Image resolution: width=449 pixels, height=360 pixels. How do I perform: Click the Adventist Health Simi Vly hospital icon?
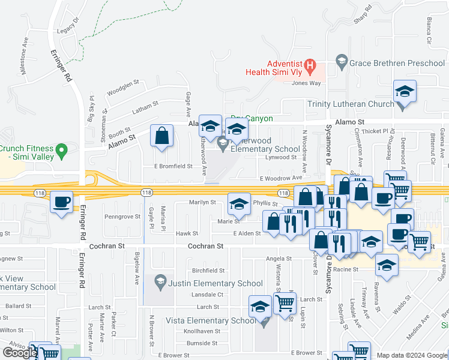click(310, 64)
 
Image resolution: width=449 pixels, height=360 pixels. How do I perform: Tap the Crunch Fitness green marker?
click(61, 149)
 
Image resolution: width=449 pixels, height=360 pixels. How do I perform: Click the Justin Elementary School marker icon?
click(160, 280)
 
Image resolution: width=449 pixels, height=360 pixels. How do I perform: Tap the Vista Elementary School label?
click(210, 320)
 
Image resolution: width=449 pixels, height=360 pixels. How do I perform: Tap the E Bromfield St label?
click(173, 166)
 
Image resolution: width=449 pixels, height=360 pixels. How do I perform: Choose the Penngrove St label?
click(122, 216)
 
